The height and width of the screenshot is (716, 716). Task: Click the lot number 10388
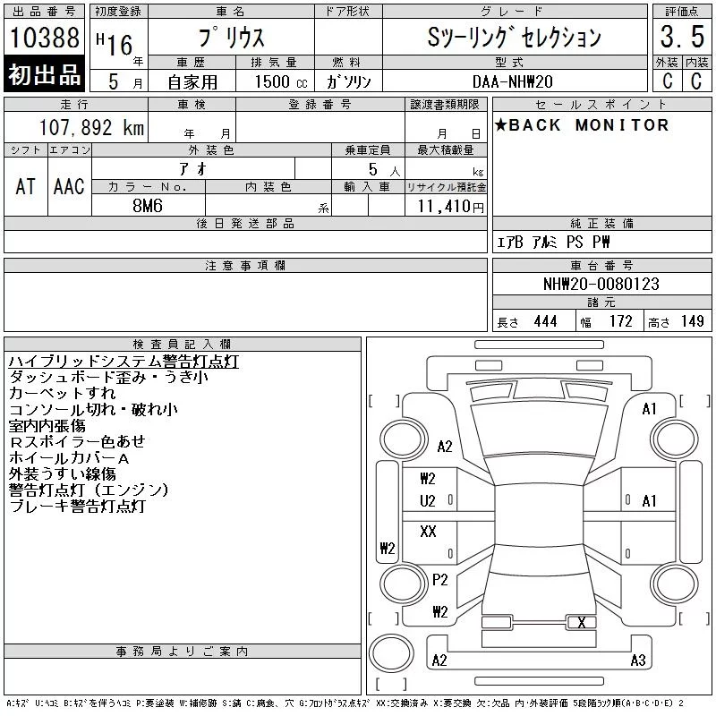click(x=44, y=38)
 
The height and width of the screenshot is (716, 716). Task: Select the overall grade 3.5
click(x=682, y=37)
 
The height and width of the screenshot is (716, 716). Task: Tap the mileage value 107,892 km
click(x=91, y=127)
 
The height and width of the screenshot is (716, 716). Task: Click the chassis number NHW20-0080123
click(x=601, y=284)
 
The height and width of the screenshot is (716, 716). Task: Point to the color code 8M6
click(x=148, y=206)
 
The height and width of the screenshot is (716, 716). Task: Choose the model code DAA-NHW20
click(x=512, y=81)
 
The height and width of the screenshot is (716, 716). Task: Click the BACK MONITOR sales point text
click(x=582, y=124)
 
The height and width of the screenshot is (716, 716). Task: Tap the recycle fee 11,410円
click(x=451, y=207)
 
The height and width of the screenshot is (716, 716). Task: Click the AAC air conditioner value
click(x=69, y=186)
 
